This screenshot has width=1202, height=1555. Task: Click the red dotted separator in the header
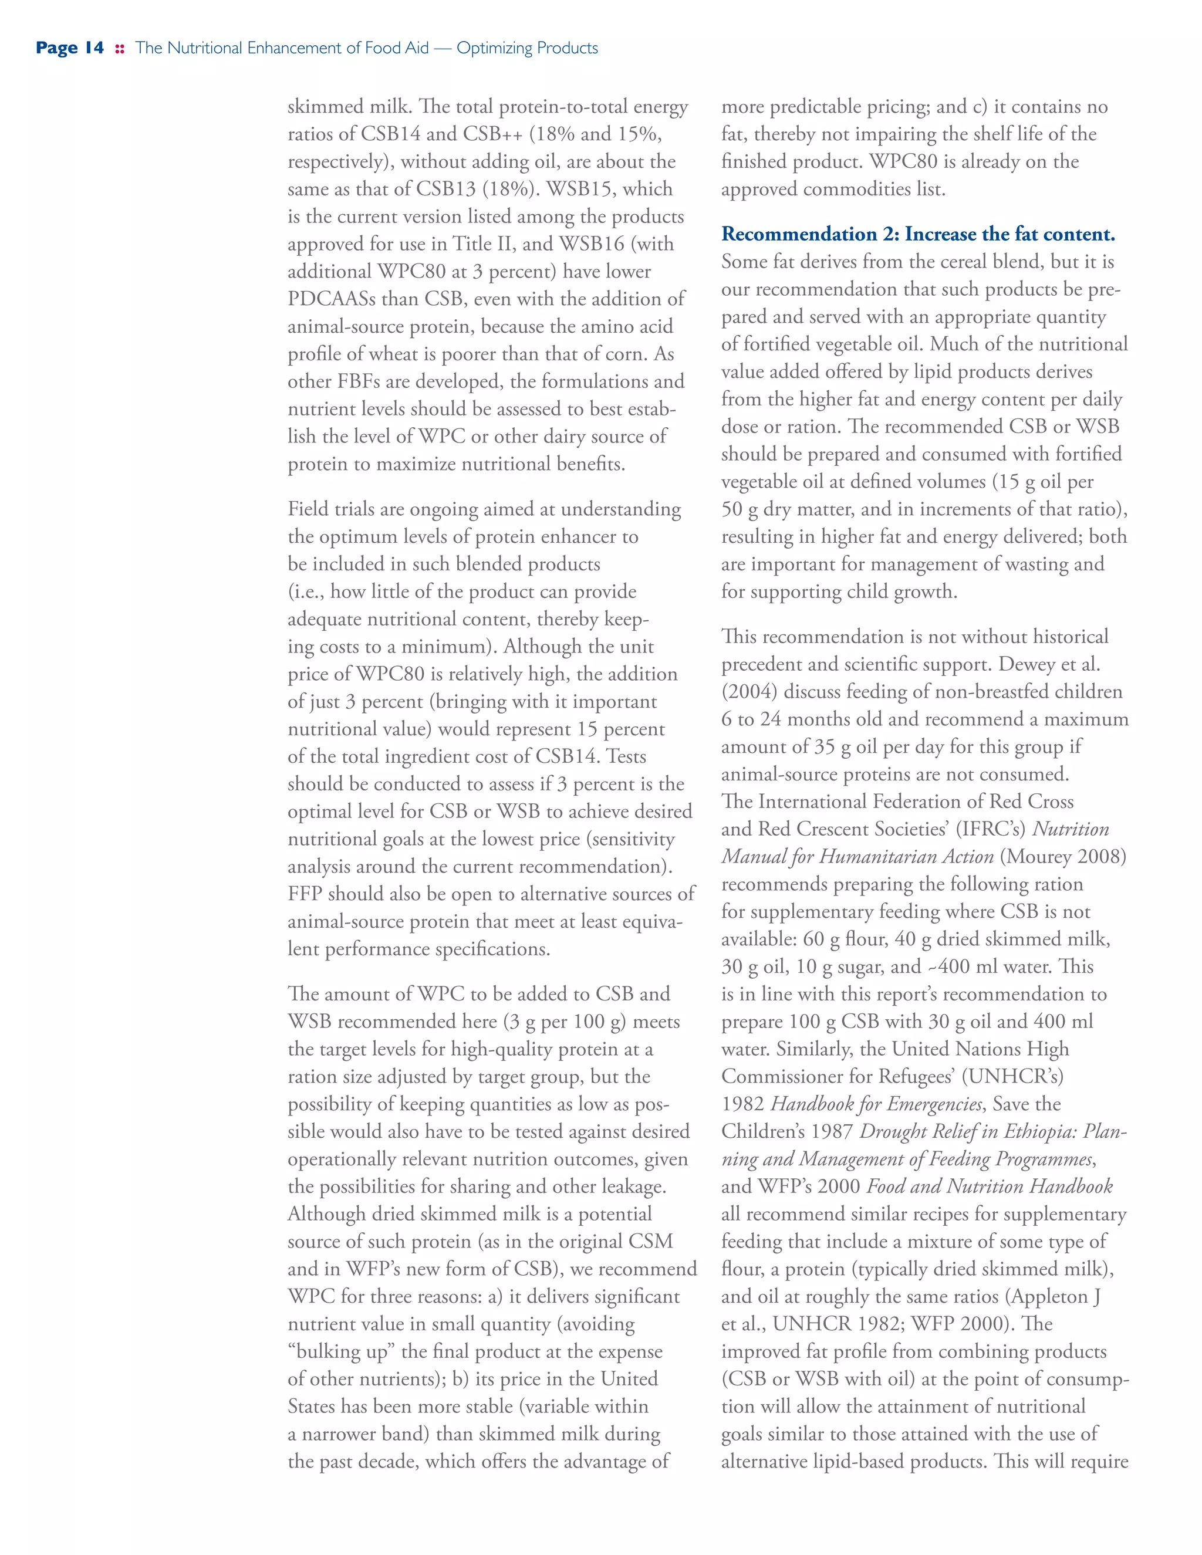[x=120, y=49]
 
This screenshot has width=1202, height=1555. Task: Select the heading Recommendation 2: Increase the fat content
[x=918, y=234]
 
